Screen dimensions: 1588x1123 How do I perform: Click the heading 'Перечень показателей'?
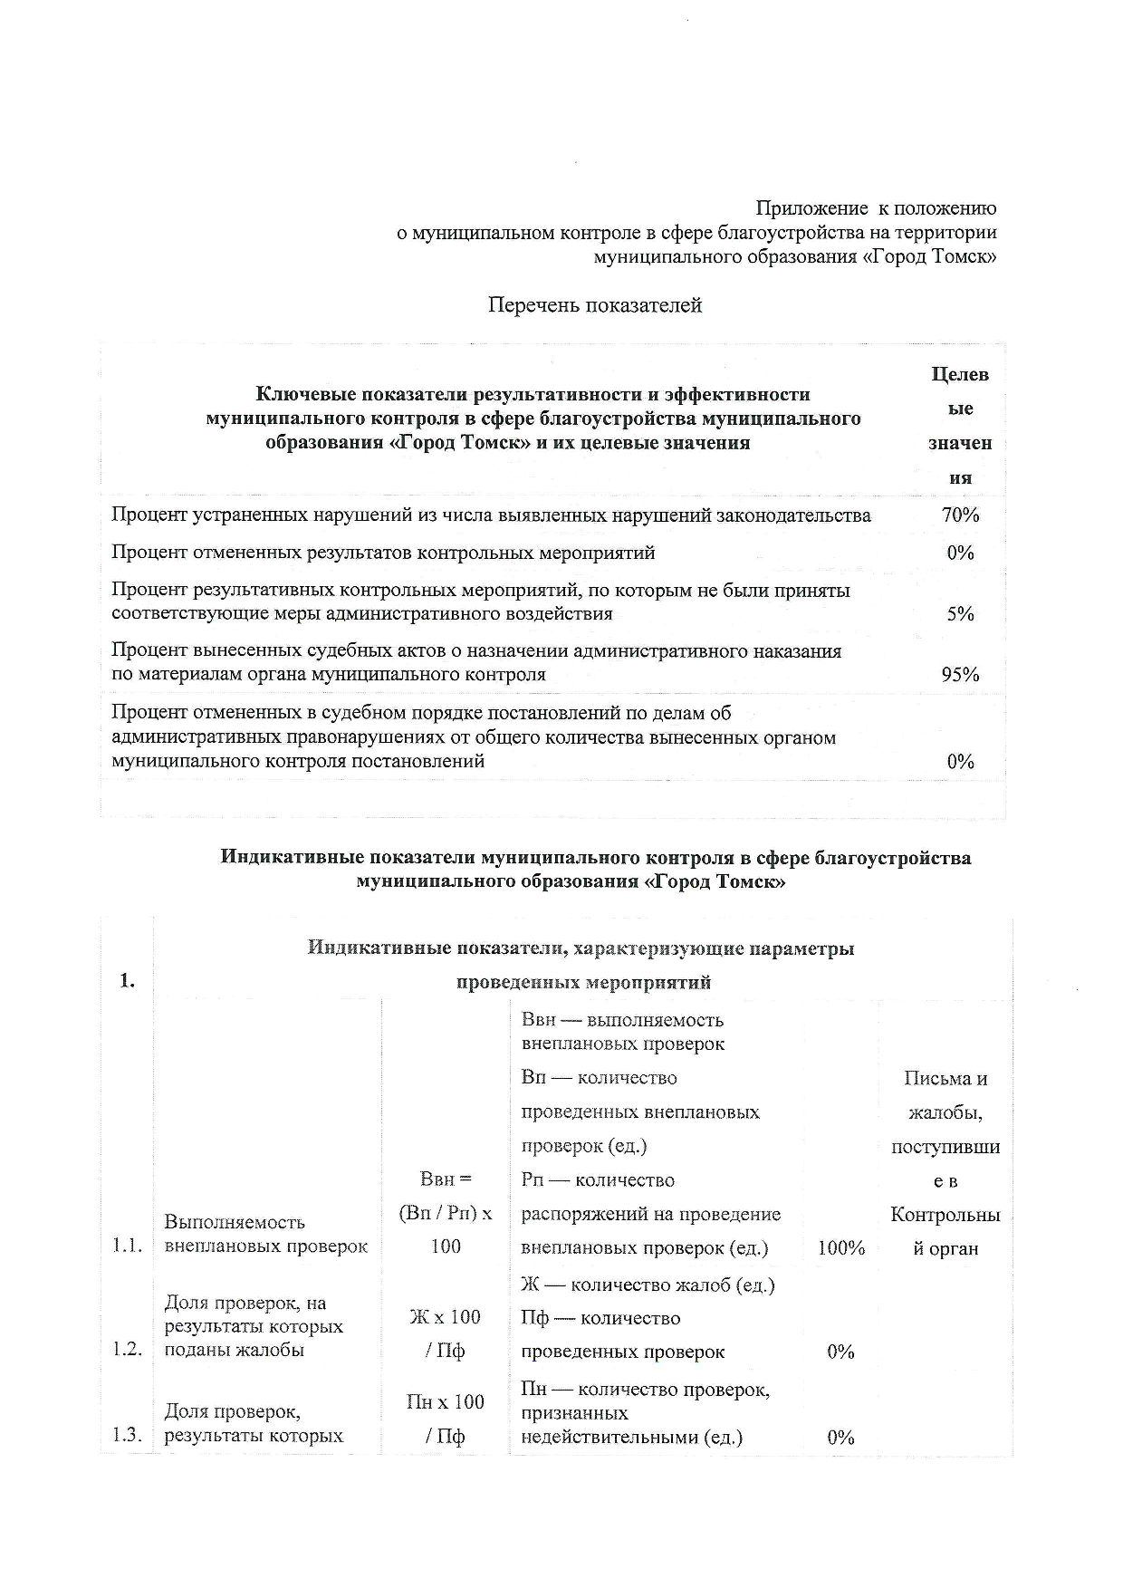595,305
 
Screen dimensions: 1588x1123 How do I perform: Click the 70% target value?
960,515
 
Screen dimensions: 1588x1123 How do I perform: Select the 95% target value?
960,675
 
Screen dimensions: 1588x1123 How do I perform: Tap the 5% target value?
960,614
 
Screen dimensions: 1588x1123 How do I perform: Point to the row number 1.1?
128,1246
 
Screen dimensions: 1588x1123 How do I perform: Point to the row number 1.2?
128,1350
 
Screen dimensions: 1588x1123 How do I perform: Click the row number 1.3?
128,1435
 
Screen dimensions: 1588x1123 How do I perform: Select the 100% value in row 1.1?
841,1248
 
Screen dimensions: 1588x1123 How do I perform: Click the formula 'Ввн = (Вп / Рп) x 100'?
446,1213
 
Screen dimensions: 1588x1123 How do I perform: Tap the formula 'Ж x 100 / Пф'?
446,1333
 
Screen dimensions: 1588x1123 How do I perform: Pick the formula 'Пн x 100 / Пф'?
446,1419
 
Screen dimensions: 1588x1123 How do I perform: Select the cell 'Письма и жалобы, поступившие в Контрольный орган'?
945,1163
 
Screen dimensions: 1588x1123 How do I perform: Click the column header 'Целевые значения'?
960,426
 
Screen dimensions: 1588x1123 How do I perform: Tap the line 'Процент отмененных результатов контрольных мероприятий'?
383,553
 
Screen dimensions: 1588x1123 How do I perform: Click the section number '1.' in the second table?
128,981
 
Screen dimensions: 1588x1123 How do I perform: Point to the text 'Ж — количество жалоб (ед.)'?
648,1285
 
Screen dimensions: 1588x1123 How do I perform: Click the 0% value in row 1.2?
841,1352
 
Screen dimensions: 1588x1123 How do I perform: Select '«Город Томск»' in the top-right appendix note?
930,257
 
